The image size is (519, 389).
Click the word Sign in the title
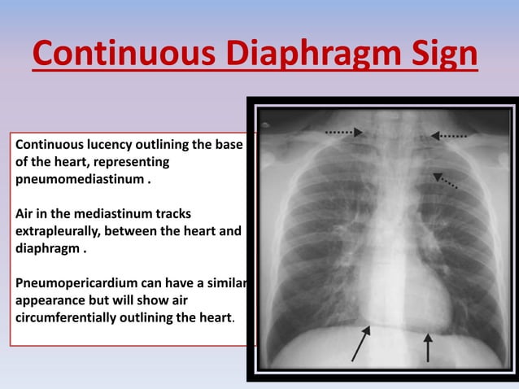tap(437, 55)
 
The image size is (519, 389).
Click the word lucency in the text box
tap(110, 145)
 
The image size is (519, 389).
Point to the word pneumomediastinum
tap(80, 179)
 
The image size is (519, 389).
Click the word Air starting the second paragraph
tap(26, 214)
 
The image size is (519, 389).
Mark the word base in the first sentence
tap(228, 145)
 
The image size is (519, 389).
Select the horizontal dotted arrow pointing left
tap(448, 136)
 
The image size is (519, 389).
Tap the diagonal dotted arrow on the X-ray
tap(445, 181)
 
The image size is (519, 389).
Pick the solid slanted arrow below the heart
tap(360, 343)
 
